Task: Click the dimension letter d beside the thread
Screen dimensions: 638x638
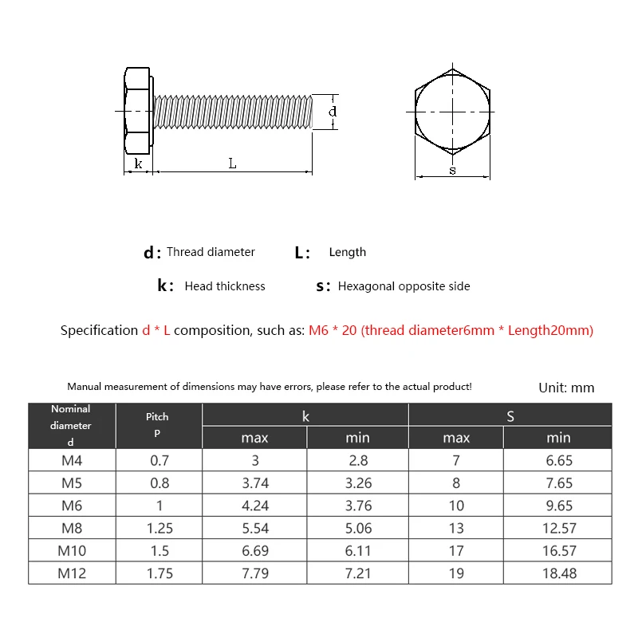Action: (x=333, y=112)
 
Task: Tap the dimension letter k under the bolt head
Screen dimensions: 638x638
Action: (x=138, y=163)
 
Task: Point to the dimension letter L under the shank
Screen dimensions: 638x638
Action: (x=232, y=163)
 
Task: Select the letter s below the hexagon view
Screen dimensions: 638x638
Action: (x=452, y=171)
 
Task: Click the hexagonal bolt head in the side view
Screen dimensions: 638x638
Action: (x=137, y=111)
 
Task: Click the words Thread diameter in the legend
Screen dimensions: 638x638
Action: (x=211, y=252)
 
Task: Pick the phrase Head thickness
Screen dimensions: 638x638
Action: (x=225, y=286)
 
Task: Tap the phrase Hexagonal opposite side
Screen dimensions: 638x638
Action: (x=404, y=286)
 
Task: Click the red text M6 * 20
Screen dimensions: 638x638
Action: (x=333, y=330)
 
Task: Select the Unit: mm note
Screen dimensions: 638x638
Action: (x=566, y=388)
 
